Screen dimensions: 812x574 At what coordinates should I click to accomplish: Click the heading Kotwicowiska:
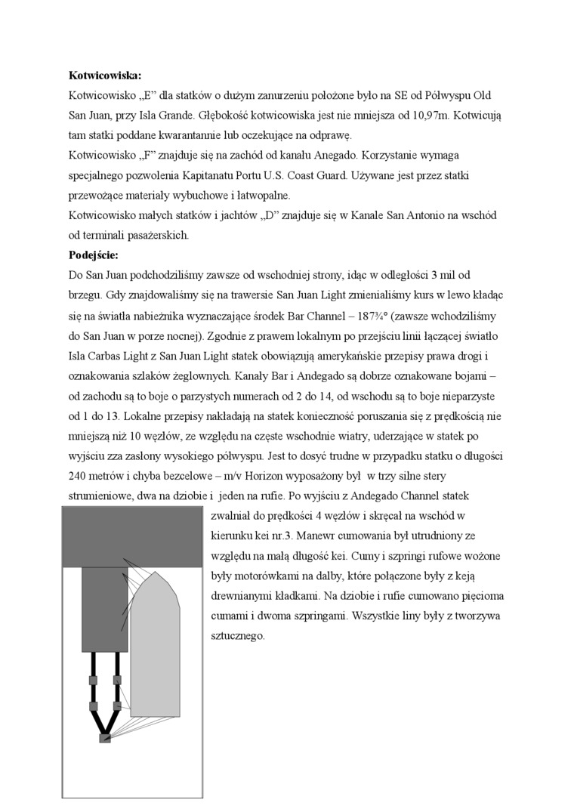click(105, 76)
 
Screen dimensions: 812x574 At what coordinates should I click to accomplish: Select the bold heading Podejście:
click(94, 255)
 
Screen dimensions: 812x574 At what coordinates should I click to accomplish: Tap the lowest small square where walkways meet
click(105, 738)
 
